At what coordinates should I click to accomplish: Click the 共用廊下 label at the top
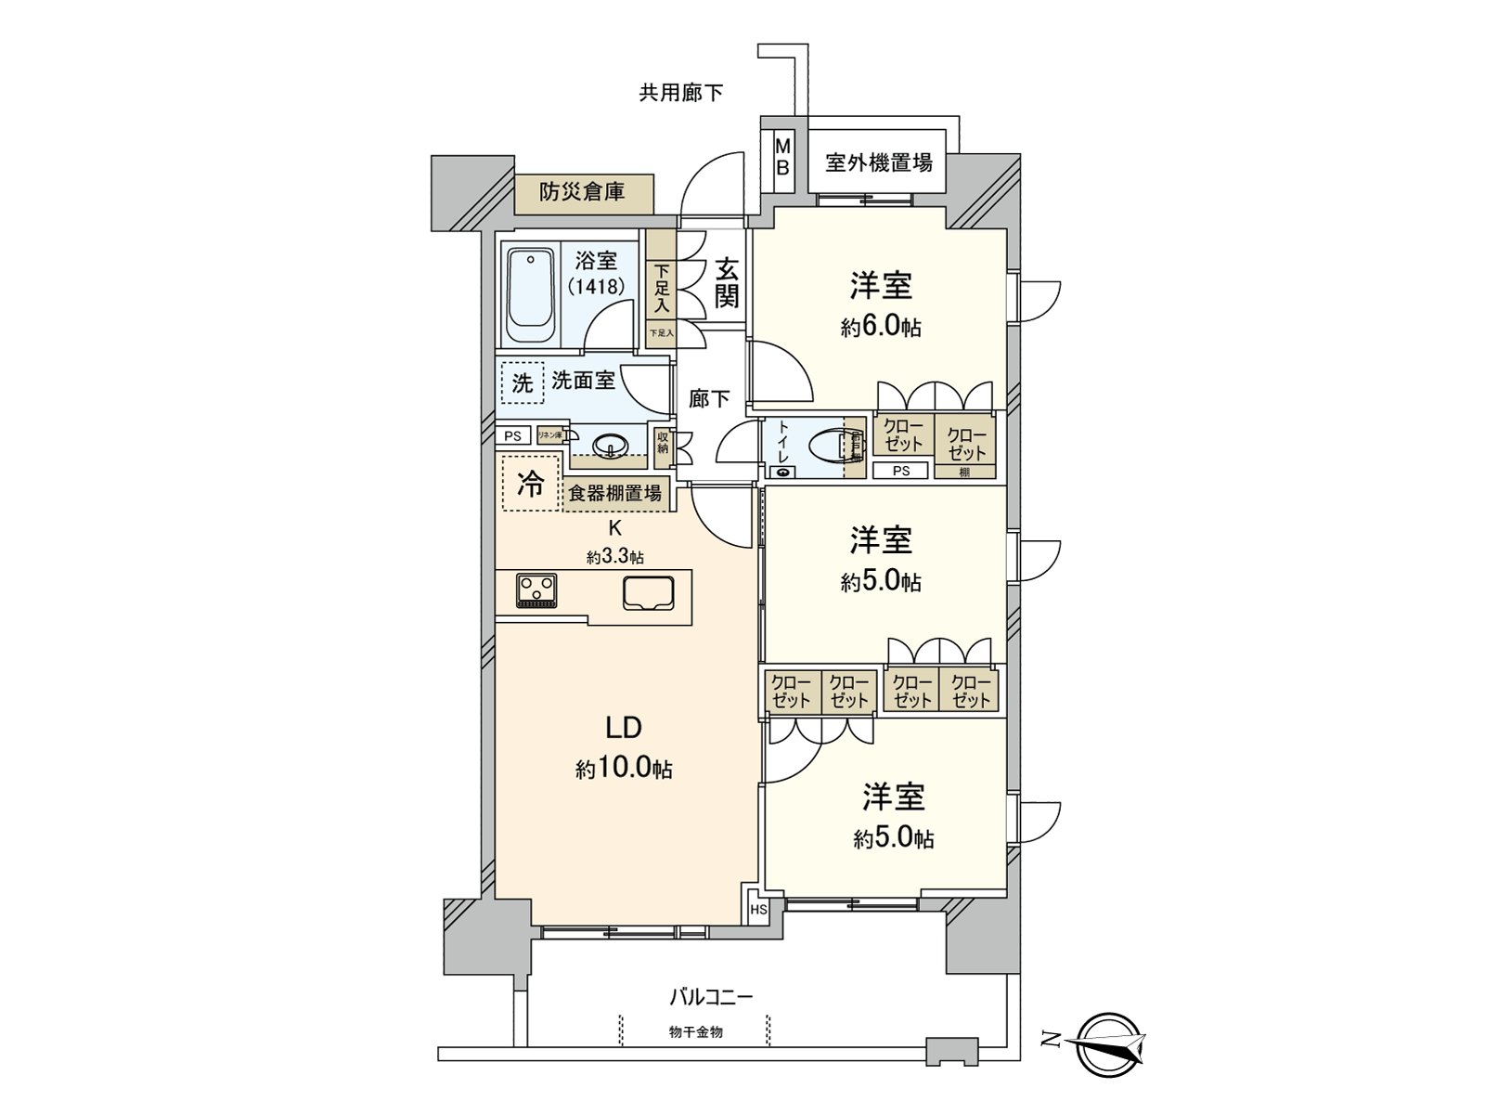coord(680,93)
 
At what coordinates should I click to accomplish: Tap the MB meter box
coord(782,157)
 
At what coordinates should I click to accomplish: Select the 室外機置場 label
coord(878,163)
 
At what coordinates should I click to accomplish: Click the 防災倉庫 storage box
coord(583,193)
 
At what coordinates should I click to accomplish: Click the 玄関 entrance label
coord(727,283)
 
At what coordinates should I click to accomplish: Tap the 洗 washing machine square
coord(523,382)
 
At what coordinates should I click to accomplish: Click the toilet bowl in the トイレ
coord(825,447)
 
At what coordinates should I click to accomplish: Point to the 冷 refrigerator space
coord(531,484)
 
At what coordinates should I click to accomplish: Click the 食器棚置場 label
coord(614,494)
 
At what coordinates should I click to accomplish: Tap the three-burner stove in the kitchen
coord(537,590)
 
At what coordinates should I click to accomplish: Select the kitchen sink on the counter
coord(648,592)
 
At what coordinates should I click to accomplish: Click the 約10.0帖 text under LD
coord(624,770)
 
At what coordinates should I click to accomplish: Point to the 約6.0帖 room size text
coord(881,327)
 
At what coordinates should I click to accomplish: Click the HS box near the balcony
coord(758,910)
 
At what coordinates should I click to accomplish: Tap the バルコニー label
coord(711,997)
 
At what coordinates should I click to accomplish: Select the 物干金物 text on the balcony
coord(695,1031)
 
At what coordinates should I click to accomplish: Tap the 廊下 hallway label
coord(709,399)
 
